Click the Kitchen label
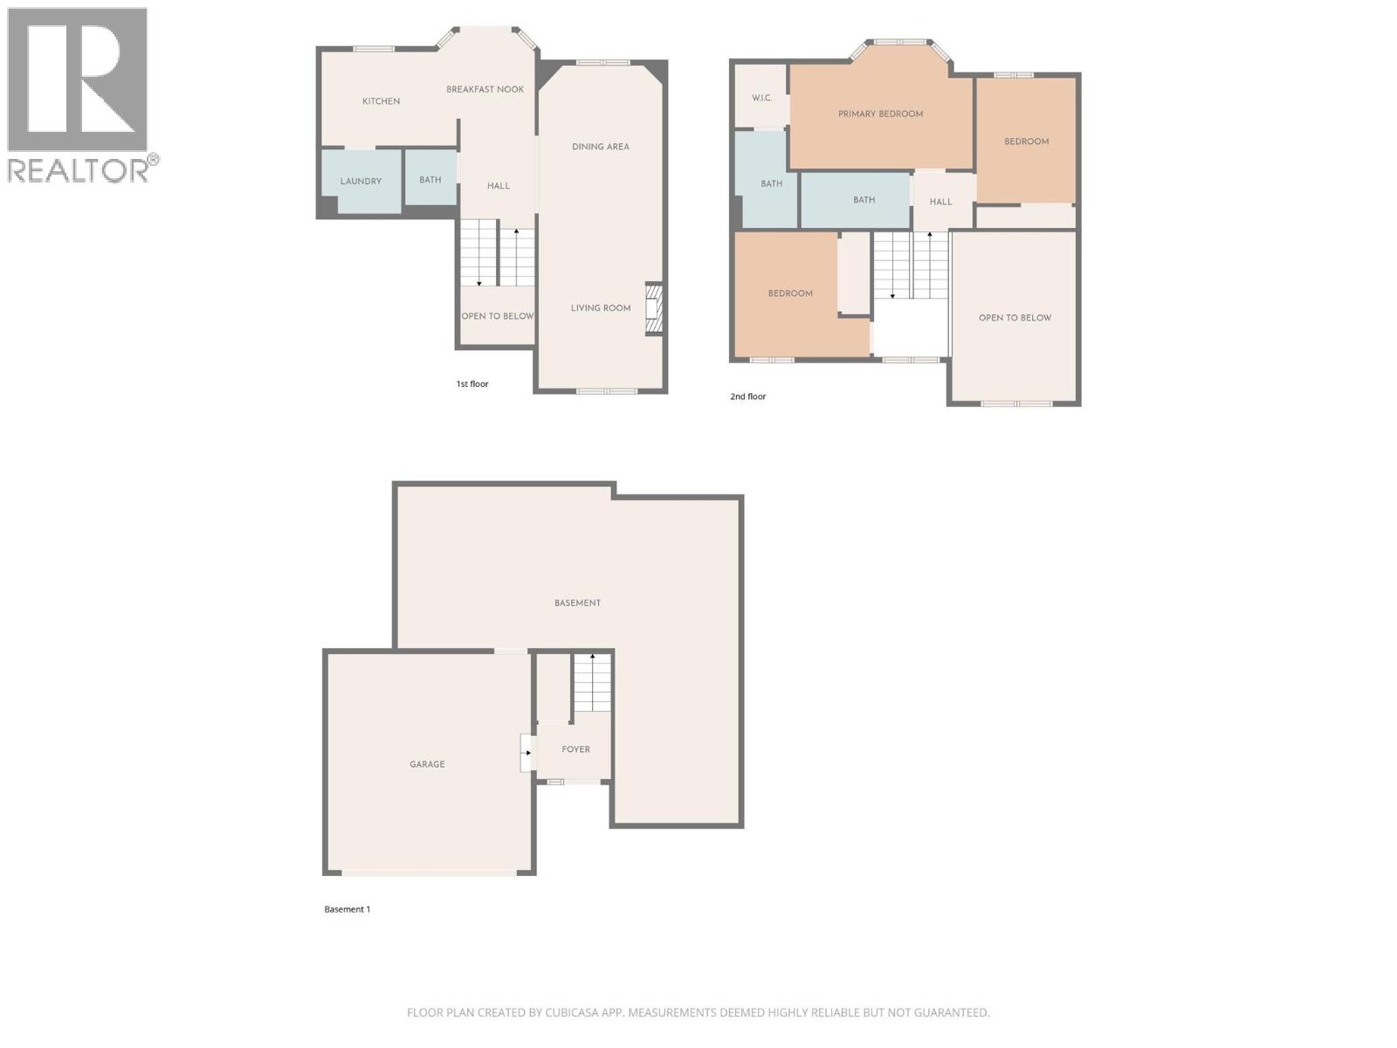click(381, 101)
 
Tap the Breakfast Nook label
click(485, 89)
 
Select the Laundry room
click(361, 181)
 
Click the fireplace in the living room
click(653, 309)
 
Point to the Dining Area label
click(600, 147)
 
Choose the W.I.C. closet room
click(761, 98)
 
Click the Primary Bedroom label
click(880, 114)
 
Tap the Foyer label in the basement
click(575, 749)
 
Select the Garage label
click(427, 764)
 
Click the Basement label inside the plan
click(577, 603)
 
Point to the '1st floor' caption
click(472, 384)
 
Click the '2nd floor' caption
click(747, 396)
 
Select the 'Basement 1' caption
click(347, 909)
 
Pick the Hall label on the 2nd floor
click(940, 202)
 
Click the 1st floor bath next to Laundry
click(430, 180)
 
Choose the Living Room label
click(600, 308)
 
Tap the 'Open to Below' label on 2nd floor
click(1015, 318)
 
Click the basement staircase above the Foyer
click(592, 683)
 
